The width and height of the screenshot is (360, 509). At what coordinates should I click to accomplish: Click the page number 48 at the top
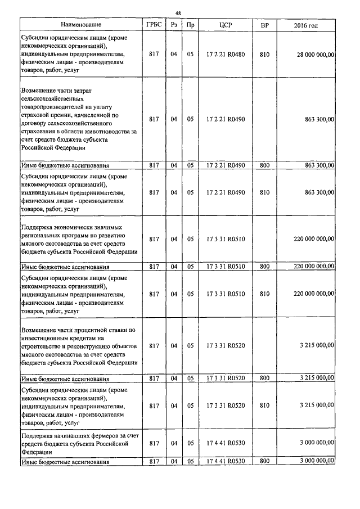(x=178, y=13)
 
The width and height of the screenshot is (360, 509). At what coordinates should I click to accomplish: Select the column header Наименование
(x=81, y=25)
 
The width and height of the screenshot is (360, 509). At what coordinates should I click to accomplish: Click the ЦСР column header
(x=226, y=25)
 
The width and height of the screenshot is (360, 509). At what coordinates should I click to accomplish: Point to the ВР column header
(x=264, y=25)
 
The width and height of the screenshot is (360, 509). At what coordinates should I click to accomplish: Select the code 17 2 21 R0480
(x=226, y=55)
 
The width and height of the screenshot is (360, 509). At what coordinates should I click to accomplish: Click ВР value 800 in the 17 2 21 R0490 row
(x=264, y=165)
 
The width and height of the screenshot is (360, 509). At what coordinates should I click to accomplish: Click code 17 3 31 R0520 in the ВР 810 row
(x=226, y=405)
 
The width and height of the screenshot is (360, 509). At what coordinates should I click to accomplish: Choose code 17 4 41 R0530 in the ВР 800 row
(x=226, y=461)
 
